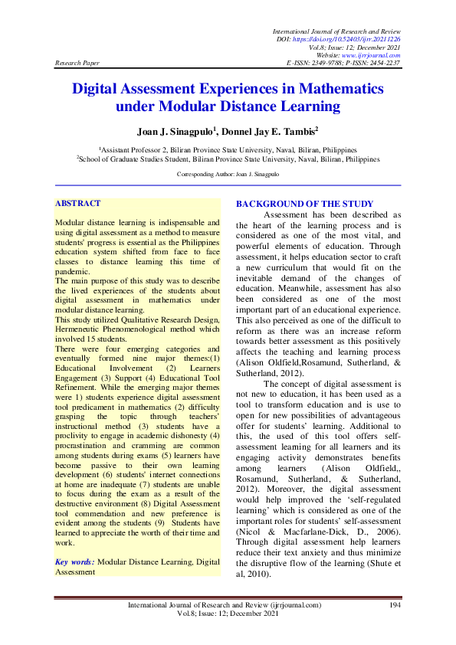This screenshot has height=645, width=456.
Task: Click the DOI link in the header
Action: [357, 38]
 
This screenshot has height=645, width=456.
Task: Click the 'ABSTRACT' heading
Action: [77, 203]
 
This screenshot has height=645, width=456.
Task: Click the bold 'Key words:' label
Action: [75, 562]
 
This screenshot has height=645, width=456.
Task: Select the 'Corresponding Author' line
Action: [228, 175]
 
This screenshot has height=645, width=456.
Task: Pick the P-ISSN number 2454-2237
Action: [384, 64]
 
